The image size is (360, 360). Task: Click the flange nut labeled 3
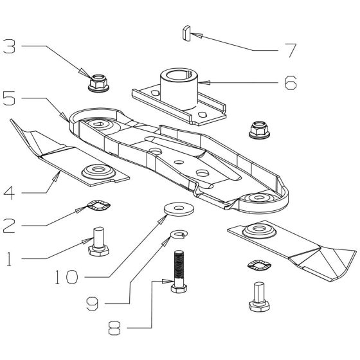96,81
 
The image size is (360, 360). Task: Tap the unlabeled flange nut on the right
258,129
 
